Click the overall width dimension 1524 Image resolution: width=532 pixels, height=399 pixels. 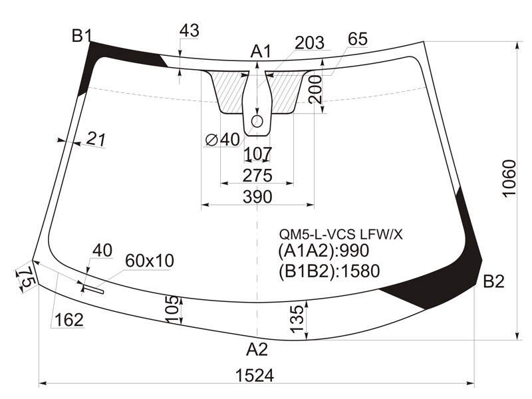(x=254, y=375)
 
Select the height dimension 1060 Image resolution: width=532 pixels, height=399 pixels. (x=509, y=178)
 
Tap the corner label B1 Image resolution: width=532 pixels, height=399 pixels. (x=81, y=36)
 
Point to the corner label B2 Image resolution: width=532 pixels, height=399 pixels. (x=493, y=281)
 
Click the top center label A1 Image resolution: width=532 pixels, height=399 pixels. (x=261, y=52)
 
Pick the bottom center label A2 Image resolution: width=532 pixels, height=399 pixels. (x=257, y=349)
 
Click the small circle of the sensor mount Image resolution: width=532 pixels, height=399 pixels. (x=257, y=121)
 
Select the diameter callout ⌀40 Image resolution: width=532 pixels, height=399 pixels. (x=223, y=140)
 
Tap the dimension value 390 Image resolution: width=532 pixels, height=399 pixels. (x=257, y=197)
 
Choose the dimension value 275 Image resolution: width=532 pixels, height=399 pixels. (x=257, y=176)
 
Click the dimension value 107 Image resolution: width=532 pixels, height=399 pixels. (x=258, y=154)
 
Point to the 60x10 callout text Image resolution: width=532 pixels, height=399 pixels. (x=150, y=261)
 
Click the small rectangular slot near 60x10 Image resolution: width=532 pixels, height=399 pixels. (x=94, y=289)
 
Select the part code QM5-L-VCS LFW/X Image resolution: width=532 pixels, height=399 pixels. (x=340, y=234)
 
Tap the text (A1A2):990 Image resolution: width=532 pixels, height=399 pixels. (x=323, y=251)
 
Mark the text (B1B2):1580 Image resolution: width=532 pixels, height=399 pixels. (x=329, y=271)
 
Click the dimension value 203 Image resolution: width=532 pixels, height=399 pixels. (x=309, y=43)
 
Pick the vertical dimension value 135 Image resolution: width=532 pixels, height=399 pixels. (x=297, y=319)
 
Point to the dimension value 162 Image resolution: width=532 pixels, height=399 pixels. (x=69, y=320)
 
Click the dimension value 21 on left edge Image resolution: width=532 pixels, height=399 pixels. (x=96, y=139)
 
